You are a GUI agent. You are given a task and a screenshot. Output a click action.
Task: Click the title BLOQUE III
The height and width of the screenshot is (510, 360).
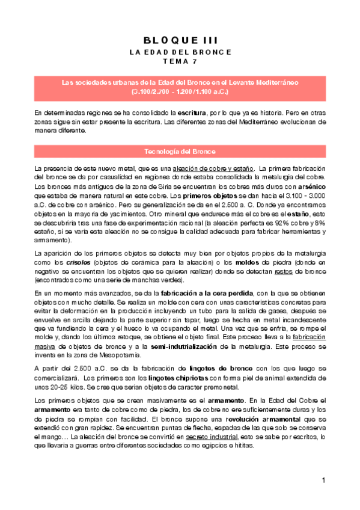click(180, 40)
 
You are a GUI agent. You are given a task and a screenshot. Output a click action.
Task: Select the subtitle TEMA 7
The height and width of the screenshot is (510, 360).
click(180, 62)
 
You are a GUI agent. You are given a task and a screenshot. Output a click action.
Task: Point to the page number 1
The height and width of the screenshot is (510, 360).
click(323, 481)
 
